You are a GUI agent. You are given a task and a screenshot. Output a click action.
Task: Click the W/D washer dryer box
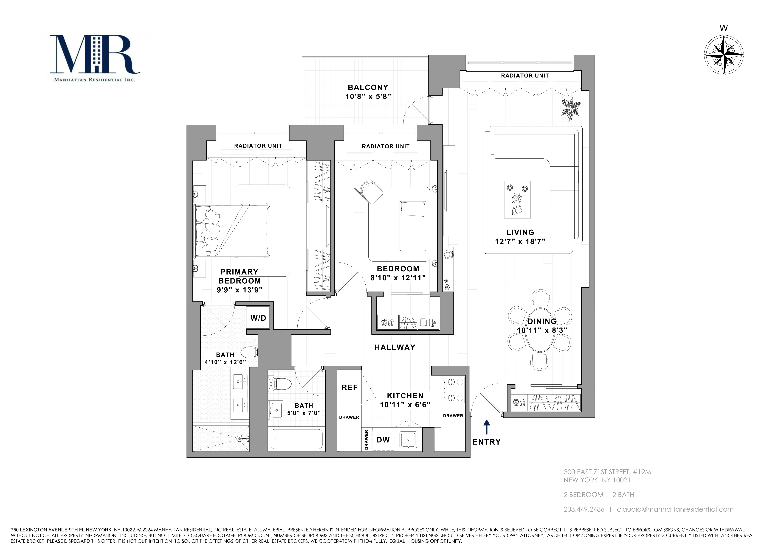(258, 318)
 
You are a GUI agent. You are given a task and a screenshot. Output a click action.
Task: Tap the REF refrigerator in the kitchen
(349, 387)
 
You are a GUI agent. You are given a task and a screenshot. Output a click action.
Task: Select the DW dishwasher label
(383, 440)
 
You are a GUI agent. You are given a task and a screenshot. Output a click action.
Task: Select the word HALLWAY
(395, 347)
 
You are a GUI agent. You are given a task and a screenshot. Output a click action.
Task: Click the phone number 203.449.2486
(584, 509)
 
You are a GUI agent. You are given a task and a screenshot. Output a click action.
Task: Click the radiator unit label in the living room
(524, 76)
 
